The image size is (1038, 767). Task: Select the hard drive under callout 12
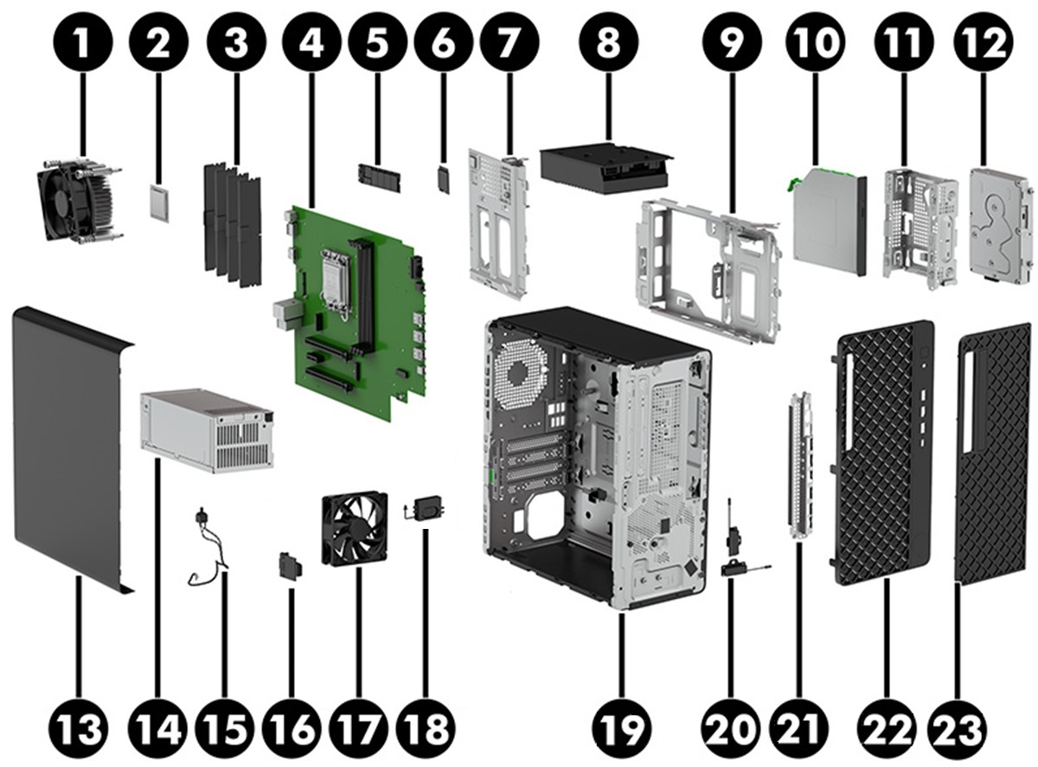coord(1001,225)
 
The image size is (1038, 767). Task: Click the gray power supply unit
coord(206,429)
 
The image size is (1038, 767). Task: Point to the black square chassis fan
coord(354,529)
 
